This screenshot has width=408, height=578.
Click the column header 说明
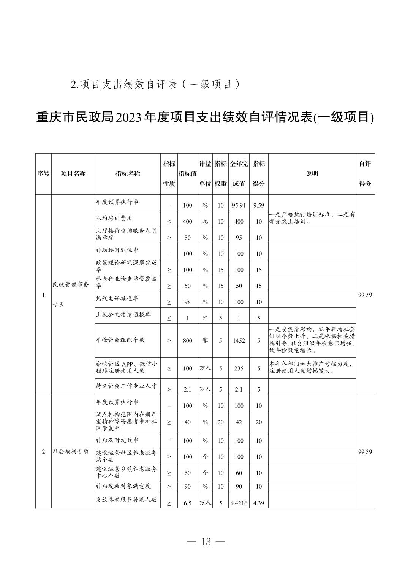pos(312,174)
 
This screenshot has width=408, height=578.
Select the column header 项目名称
pos(73,174)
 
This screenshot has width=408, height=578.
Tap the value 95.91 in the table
pos(239,205)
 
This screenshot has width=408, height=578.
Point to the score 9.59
pos(259,205)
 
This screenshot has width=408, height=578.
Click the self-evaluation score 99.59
pos(365,295)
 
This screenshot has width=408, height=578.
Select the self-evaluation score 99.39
pos(365,452)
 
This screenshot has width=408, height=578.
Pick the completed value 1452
pos(239,341)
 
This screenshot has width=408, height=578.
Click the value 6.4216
pos(239,503)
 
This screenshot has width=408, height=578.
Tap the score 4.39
pos(259,503)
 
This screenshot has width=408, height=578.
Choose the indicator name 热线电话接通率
pos(117,299)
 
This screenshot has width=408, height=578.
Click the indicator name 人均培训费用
pos(114,218)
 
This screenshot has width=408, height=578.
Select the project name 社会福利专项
pos(70,452)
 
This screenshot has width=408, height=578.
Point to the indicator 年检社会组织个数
pos(120,340)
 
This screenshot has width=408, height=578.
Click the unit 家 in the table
pos(205,340)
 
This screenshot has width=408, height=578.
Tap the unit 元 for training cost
pos(205,221)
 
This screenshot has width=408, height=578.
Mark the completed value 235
pos(239,368)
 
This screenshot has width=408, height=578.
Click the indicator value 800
pos(187,341)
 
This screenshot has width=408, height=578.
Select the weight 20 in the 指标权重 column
pos(220,422)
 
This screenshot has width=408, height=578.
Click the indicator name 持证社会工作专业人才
pos(126,386)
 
